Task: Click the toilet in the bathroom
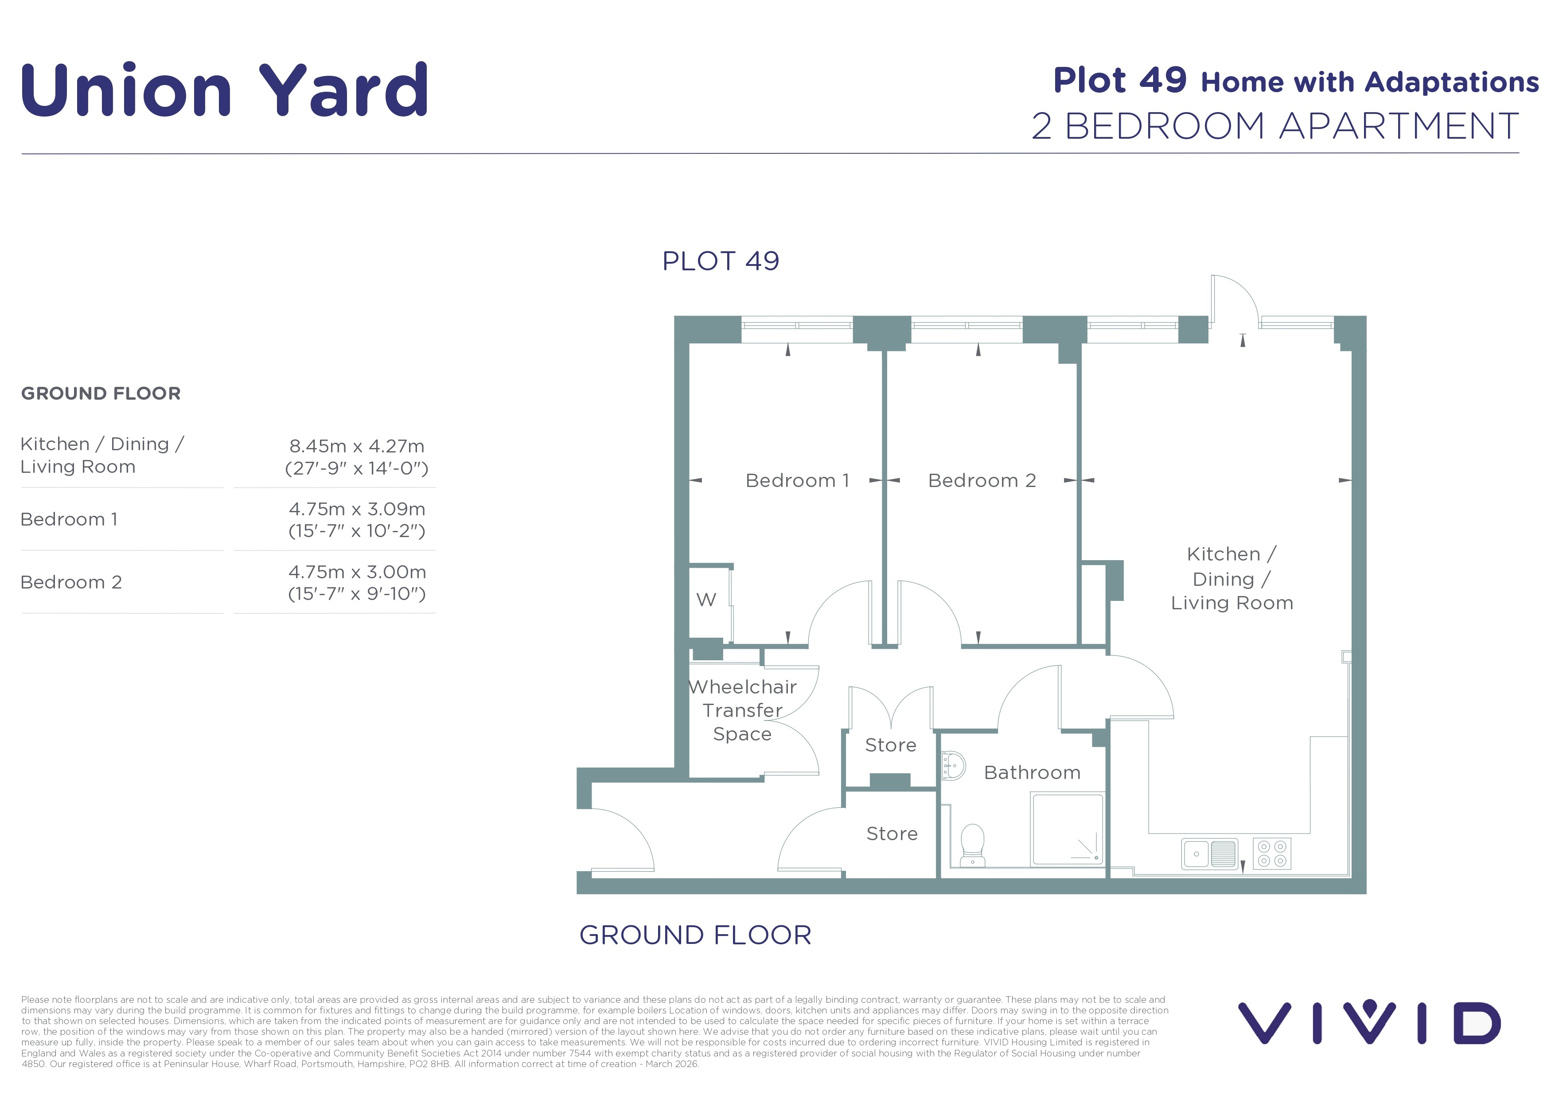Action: (x=973, y=844)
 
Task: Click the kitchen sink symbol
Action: (x=1210, y=854)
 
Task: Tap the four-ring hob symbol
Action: (x=1272, y=854)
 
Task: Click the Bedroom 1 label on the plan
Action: (x=797, y=481)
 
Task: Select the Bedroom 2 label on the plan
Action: (x=982, y=481)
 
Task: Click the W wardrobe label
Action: (x=706, y=599)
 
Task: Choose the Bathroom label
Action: (x=1032, y=772)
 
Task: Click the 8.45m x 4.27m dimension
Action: (x=357, y=446)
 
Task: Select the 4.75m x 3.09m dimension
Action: (x=357, y=509)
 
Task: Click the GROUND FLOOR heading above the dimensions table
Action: (x=101, y=394)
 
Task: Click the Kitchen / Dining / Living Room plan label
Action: (x=1232, y=578)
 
